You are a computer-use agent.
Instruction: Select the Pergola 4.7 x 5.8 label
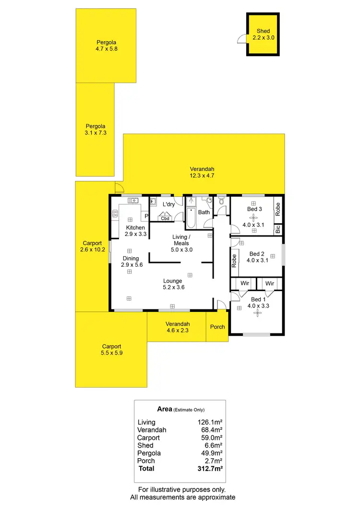[x=106, y=45]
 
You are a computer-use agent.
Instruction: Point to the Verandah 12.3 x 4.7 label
[x=202, y=172]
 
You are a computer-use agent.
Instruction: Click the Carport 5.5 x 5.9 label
[x=111, y=349]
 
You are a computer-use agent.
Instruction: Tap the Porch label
[x=217, y=327]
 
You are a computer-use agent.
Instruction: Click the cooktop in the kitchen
[x=115, y=214]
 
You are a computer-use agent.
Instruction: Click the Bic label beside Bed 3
[x=277, y=229]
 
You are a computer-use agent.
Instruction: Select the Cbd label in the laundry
[x=165, y=218]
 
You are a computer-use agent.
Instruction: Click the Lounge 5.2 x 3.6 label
[x=173, y=284]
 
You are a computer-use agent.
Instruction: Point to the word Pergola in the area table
[x=149, y=453]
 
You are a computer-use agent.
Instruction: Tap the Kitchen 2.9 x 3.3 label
[x=135, y=231]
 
